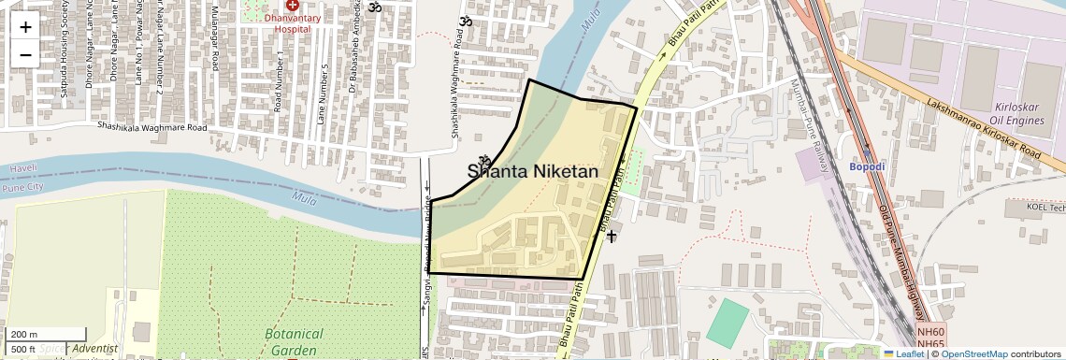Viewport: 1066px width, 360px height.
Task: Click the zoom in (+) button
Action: [x=25, y=27]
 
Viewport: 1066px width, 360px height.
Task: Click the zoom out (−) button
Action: [x=25, y=54]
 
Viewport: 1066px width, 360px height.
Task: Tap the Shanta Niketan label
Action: [x=533, y=171]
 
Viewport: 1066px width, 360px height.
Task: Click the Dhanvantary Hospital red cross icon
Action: [x=293, y=6]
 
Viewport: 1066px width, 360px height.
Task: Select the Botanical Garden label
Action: [x=294, y=341]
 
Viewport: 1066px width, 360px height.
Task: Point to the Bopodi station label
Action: [x=867, y=166]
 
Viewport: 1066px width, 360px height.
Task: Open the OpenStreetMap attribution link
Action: [x=973, y=353]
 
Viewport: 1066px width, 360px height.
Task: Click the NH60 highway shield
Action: [x=930, y=333]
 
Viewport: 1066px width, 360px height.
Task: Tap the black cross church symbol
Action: [x=611, y=237]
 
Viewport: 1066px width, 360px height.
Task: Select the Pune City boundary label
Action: [x=23, y=187]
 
